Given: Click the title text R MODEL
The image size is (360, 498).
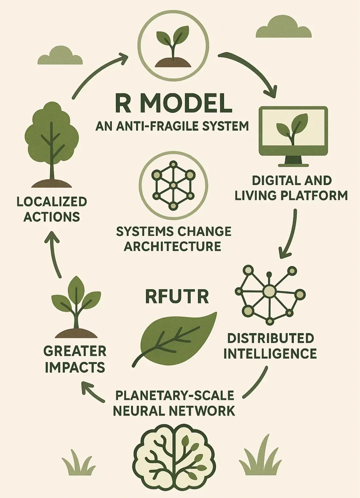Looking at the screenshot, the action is [174, 103].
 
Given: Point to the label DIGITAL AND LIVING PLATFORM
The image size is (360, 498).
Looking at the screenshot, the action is [291, 188].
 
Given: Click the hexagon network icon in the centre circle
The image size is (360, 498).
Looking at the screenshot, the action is [173, 185].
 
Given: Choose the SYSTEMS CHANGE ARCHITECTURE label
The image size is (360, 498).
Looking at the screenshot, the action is [173, 239].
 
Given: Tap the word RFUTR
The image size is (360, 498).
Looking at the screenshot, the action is [177, 296].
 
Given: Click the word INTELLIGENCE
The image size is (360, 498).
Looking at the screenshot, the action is [270, 354].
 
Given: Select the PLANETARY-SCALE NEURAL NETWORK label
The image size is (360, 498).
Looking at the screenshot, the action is [174, 403].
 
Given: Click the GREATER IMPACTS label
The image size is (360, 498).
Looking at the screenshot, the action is [75, 359].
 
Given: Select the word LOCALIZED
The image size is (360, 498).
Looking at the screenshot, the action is [52, 202].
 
